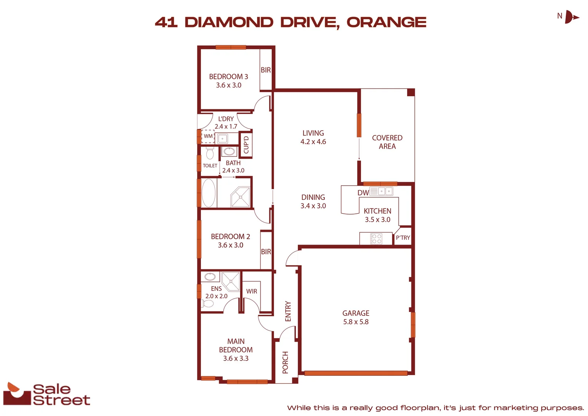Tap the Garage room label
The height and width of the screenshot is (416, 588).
[356, 317]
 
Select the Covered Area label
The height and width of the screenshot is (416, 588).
[387, 142]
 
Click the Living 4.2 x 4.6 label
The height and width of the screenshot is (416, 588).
[313, 137]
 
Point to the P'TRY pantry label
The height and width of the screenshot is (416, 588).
[403, 238]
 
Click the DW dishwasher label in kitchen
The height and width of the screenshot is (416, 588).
[363, 193]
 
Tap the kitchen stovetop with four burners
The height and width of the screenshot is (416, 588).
[376, 239]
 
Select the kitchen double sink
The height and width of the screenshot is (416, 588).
[385, 191]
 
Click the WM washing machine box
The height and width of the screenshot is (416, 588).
[208, 136]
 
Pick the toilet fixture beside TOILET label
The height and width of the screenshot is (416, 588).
[210, 153]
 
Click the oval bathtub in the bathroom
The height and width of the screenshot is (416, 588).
[209, 193]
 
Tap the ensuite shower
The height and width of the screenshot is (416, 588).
[231, 281]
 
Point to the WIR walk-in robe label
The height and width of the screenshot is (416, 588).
[252, 291]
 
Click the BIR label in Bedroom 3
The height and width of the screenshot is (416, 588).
[266, 70]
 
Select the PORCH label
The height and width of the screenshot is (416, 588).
[285, 362]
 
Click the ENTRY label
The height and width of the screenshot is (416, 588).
[288, 311]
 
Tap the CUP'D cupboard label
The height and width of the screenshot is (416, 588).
[246, 144]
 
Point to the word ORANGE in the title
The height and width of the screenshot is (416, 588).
[386, 22]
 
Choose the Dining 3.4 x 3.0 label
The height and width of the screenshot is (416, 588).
[313, 201]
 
